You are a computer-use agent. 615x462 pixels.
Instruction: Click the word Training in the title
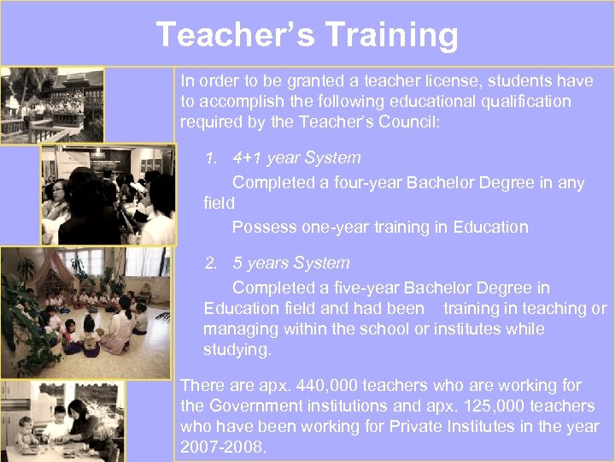(x=391, y=35)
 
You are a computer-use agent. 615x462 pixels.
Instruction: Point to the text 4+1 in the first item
(x=248, y=157)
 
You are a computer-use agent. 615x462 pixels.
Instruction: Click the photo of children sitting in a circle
(x=85, y=313)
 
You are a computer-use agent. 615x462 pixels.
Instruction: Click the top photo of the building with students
(x=53, y=105)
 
